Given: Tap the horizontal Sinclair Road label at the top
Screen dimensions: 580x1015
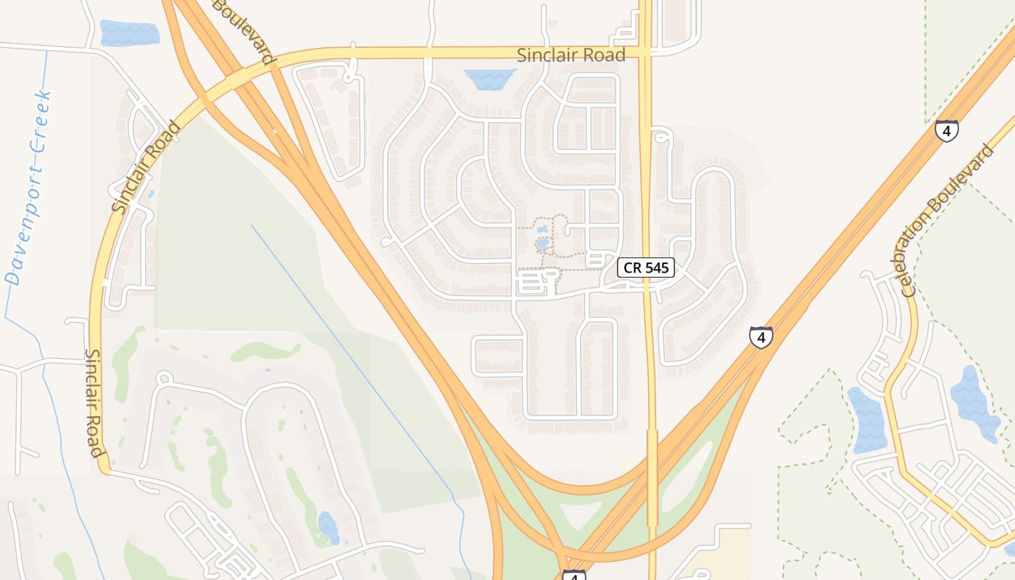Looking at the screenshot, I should click(x=571, y=55).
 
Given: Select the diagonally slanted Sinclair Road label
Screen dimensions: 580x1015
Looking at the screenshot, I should click(x=147, y=167).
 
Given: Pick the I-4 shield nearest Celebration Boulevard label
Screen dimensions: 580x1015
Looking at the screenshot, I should click(x=946, y=130).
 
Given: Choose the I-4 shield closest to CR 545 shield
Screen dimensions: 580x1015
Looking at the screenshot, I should click(x=761, y=337).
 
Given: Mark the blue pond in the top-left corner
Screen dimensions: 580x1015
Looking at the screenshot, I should click(x=129, y=33).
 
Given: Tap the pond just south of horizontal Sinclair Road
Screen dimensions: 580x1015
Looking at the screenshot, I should click(x=489, y=78).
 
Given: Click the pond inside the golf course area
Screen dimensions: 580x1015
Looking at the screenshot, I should click(x=328, y=527).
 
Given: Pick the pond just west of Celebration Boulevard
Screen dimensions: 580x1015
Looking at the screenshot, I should click(x=863, y=420).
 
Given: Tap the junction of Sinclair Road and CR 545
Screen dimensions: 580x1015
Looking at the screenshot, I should click(x=645, y=52).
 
